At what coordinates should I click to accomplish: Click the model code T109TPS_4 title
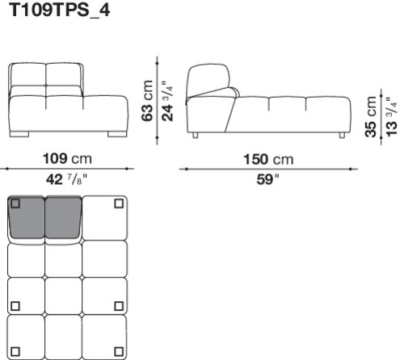(x=60, y=10)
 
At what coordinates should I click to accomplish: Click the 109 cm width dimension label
(x=67, y=159)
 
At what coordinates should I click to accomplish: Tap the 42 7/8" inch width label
(x=67, y=179)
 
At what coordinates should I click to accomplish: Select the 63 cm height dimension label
(x=147, y=101)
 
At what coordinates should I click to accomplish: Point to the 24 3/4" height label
(x=167, y=101)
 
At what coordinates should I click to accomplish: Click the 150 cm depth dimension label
(x=268, y=159)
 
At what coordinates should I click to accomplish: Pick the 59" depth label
(x=267, y=179)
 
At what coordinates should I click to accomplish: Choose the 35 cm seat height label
(x=371, y=117)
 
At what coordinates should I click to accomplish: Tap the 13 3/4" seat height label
(x=391, y=116)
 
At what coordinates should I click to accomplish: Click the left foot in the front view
(x=19, y=134)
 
